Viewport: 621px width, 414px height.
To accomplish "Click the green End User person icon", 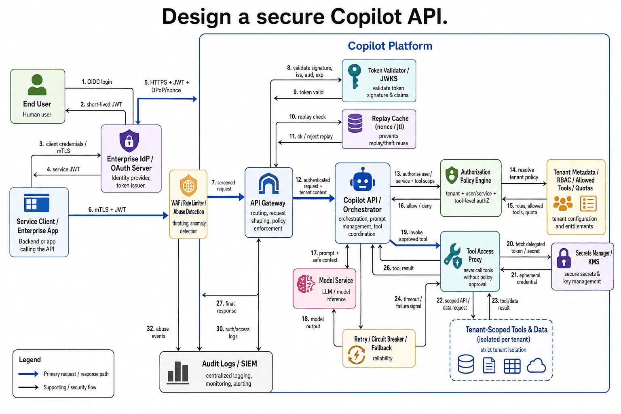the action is pyautogui.click(x=37, y=85).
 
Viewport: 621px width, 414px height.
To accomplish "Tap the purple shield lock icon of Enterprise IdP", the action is pyautogui.click(x=129, y=141).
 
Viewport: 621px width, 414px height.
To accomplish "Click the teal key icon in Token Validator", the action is pyautogui.click(x=355, y=76).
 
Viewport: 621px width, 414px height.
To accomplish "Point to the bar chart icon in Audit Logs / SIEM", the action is pyautogui.click(x=178, y=372).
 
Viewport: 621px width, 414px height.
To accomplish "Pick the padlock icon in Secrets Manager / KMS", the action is pyautogui.click(x=564, y=258).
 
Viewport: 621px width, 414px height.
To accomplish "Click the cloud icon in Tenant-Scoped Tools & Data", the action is pyautogui.click(x=536, y=365).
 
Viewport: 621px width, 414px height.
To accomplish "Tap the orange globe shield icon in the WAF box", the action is pyautogui.click(x=188, y=185).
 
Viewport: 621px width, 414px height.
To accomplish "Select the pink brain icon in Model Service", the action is pyautogui.click(x=306, y=284).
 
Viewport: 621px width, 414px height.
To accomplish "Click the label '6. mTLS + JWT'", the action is pyautogui.click(x=107, y=210).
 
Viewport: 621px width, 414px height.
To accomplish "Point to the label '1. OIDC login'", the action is pyautogui.click(x=97, y=82).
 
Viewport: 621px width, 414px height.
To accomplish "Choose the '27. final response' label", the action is pyautogui.click(x=226, y=307).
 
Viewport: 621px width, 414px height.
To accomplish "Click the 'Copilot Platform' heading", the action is pyautogui.click(x=390, y=46).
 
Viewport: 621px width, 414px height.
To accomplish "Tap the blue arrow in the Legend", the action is pyautogui.click(x=28, y=374).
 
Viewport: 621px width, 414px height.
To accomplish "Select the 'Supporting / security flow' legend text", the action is pyautogui.click(x=70, y=387).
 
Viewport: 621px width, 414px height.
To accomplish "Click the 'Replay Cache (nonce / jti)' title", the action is pyautogui.click(x=390, y=123).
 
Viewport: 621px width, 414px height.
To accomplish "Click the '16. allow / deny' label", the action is pyautogui.click(x=415, y=206).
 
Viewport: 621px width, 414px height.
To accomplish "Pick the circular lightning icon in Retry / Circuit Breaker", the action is pyautogui.click(x=357, y=355).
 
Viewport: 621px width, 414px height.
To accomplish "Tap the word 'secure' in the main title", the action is pyautogui.click(x=290, y=17).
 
